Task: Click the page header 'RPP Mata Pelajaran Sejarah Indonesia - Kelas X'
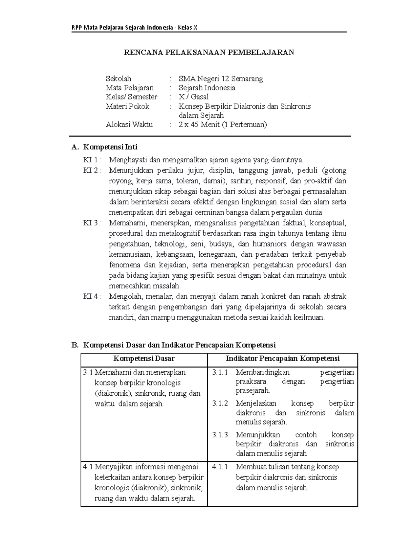[x=134, y=27]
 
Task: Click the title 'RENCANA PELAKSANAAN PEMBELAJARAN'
[x=209, y=52]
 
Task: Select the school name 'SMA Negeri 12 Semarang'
[x=221, y=79]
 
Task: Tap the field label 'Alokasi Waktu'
[x=129, y=125]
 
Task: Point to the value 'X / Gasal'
[x=193, y=97]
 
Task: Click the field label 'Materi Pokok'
[x=127, y=106]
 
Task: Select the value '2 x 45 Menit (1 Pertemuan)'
[x=223, y=125]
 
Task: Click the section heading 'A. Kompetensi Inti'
[x=104, y=147]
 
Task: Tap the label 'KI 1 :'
[x=92, y=160]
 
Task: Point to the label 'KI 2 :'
[x=92, y=171]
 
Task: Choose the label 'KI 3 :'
[x=92, y=223]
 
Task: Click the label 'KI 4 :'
[x=92, y=296]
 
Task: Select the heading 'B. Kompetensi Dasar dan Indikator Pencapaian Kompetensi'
[x=173, y=345]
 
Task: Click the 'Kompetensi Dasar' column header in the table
[x=144, y=359]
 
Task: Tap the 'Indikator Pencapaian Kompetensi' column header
[x=282, y=359]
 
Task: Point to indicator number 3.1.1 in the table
[x=220, y=372]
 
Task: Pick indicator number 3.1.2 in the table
[x=220, y=404]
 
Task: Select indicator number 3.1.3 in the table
[x=220, y=435]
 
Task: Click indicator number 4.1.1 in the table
[x=220, y=467]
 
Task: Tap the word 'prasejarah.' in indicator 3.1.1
[x=253, y=391]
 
